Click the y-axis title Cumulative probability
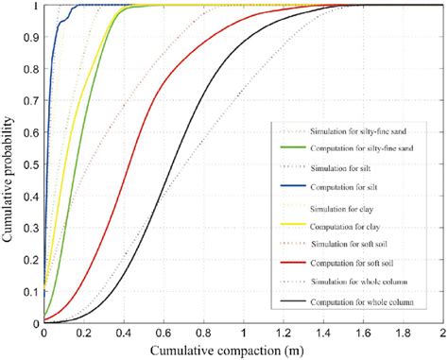click(x=10, y=163)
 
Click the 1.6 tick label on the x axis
click(x=363, y=334)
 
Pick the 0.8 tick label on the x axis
click(x=203, y=334)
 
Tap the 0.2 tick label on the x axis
click(x=83, y=334)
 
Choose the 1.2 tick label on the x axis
click(x=283, y=334)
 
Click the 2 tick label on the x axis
click(x=442, y=334)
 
